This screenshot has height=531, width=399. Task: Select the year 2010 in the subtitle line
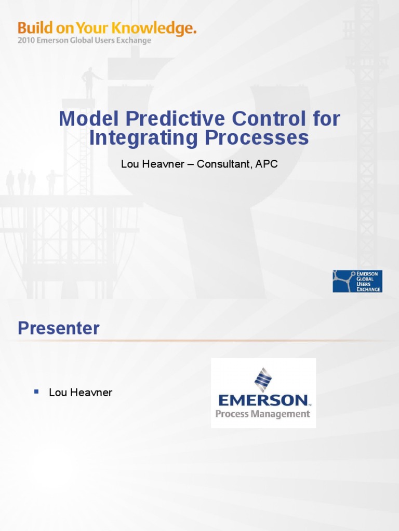26,40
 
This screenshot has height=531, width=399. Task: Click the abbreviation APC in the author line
268,164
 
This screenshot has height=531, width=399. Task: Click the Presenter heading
58,328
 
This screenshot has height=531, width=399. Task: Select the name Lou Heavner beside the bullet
81,393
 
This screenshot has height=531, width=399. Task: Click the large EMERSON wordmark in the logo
263,400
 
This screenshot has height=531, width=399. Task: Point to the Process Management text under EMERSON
263,414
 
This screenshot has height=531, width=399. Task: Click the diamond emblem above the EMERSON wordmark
263,380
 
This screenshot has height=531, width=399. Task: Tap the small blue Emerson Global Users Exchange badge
357,281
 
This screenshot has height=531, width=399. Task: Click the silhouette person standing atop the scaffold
89,81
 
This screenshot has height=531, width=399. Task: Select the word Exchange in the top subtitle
134,40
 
